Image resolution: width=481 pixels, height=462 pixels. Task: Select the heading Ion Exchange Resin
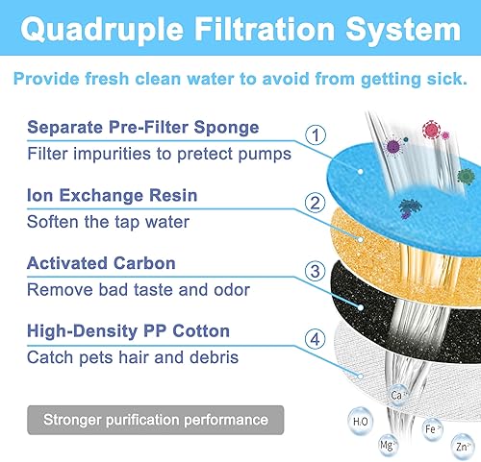click(113, 195)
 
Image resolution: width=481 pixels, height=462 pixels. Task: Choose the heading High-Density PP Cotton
click(128, 331)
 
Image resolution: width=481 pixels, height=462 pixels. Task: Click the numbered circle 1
click(316, 135)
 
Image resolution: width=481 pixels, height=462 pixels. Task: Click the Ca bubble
click(395, 395)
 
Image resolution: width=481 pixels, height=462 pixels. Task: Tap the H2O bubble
click(361, 419)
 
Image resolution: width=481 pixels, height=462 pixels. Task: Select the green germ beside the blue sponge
click(466, 176)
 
